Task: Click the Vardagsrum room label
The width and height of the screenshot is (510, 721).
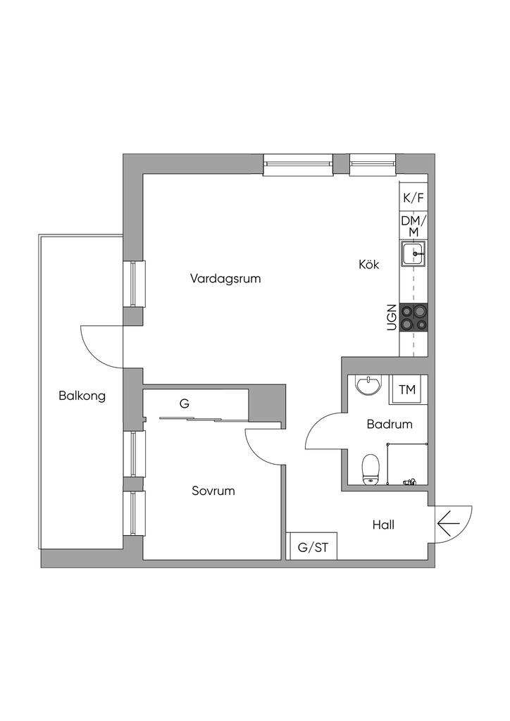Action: tap(225, 278)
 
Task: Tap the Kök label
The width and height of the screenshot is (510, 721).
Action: tap(369, 265)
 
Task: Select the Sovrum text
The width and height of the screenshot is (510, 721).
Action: tap(213, 491)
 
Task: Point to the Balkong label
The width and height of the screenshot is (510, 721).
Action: tap(82, 396)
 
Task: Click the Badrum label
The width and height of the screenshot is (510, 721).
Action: tap(390, 424)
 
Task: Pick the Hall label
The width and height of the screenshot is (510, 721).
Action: tap(383, 525)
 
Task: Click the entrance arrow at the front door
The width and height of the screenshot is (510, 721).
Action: tap(449, 524)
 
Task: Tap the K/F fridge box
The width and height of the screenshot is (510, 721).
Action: tap(413, 198)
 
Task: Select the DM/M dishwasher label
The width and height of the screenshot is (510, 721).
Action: tap(414, 226)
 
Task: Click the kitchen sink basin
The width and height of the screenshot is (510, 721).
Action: tap(413, 254)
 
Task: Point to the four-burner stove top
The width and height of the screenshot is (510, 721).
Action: tap(413, 318)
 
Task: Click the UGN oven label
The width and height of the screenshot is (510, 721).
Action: tap(392, 318)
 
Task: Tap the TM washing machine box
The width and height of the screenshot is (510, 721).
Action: tap(408, 390)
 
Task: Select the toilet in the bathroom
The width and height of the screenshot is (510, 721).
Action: tap(370, 470)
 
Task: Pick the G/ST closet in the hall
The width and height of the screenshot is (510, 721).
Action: tap(312, 546)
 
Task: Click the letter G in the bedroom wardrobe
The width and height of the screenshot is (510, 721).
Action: tap(185, 403)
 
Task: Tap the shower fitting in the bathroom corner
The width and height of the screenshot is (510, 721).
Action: tap(409, 482)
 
